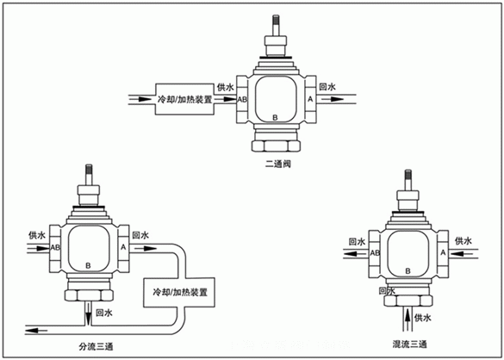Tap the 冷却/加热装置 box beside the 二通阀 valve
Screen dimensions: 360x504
coord(184,100)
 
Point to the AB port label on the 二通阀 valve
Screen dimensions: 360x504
coord(242,100)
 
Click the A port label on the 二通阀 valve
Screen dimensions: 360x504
coord(310,100)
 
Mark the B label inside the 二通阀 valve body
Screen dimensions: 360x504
coord(275,115)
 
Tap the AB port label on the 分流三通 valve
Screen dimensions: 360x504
coord(56,248)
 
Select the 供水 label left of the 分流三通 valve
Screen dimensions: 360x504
coord(35,234)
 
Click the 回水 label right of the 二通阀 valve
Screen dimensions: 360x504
coord(327,88)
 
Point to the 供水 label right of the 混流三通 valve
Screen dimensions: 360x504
coord(463,241)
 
